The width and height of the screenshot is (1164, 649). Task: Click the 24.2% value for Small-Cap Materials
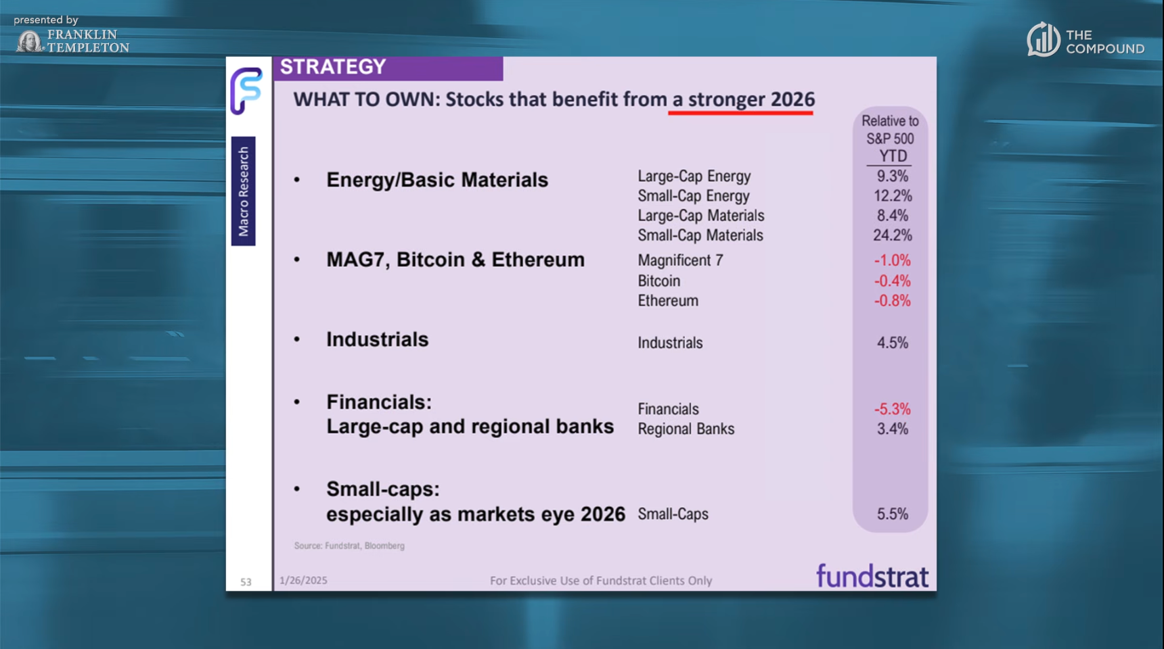tap(892, 235)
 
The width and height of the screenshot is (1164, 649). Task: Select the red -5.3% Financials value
tap(892, 409)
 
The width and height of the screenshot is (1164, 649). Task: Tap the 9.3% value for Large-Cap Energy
tap(892, 176)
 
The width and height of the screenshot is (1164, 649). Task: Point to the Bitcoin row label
tap(658, 281)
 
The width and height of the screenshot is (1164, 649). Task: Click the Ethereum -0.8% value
tap(892, 301)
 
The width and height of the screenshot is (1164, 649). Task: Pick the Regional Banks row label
tap(686, 429)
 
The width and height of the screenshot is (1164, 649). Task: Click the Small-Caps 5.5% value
tap(892, 514)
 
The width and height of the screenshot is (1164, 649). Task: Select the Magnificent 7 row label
tap(680, 260)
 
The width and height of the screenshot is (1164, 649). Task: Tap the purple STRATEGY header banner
tap(388, 68)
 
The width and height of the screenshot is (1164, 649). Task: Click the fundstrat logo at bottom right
tap(872, 577)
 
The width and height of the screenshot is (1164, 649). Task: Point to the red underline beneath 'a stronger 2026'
tap(740, 113)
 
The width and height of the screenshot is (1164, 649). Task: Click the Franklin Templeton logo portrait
tap(29, 41)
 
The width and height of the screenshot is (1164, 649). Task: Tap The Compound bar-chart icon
tap(1043, 39)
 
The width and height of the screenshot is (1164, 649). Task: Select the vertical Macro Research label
tap(244, 191)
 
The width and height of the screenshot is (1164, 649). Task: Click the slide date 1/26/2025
tap(303, 580)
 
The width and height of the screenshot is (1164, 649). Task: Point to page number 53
tap(246, 581)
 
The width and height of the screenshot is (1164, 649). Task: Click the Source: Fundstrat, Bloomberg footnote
tap(349, 546)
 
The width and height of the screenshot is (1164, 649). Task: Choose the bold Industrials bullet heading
tap(377, 339)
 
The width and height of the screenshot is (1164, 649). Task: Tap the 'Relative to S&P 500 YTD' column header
tap(890, 139)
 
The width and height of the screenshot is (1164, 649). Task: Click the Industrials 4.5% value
tap(892, 343)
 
